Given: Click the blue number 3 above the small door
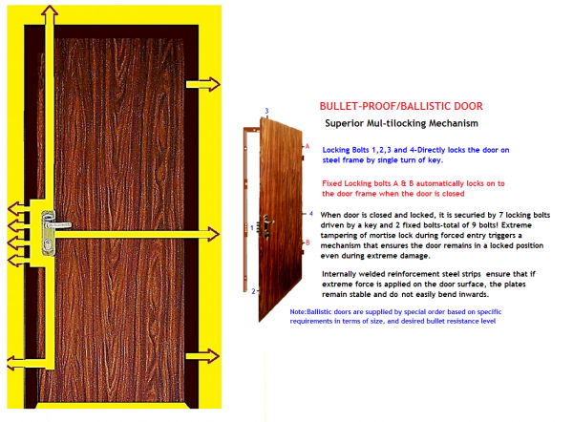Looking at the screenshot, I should [266, 111].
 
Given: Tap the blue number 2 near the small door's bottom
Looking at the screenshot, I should [253, 290].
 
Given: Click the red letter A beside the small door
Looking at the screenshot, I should [307, 146].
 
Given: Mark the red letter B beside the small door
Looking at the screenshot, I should [306, 243].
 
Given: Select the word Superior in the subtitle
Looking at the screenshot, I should [347, 124].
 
